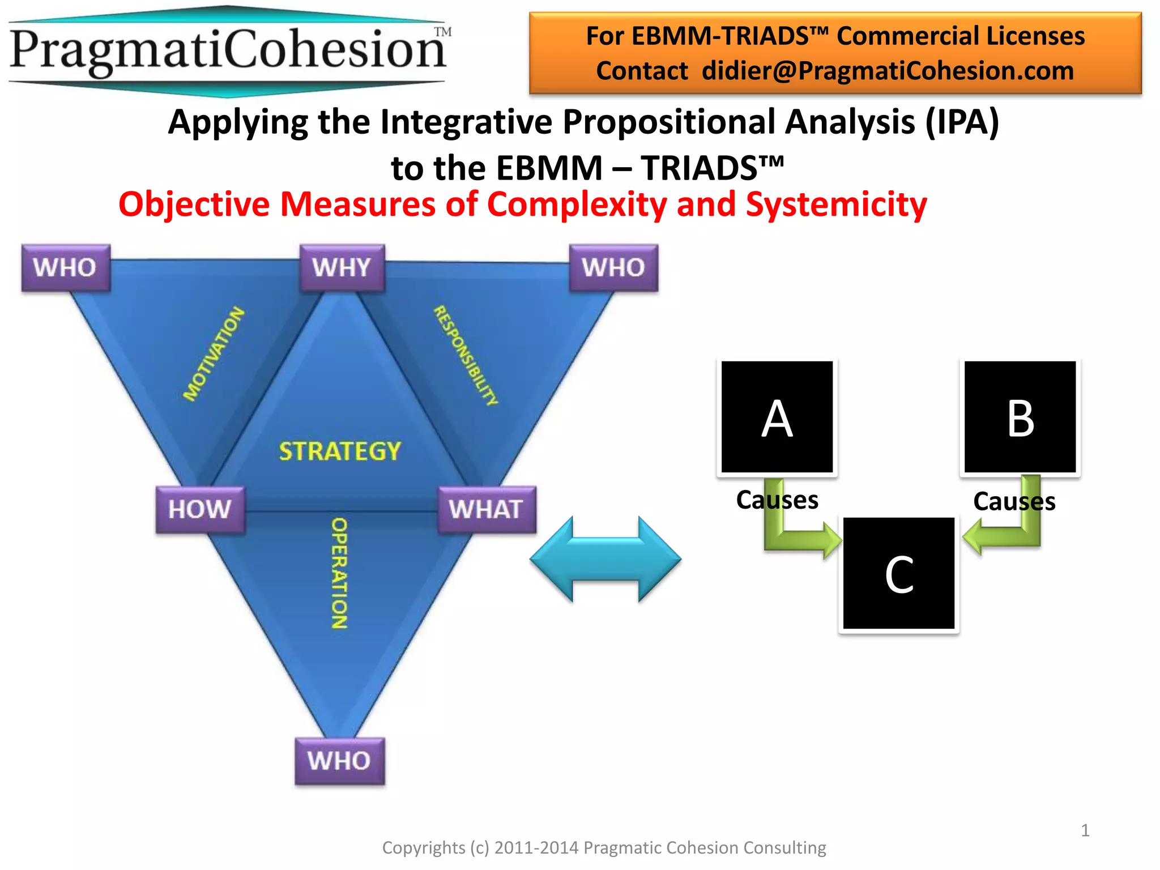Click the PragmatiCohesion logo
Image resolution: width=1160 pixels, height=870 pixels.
point(228,51)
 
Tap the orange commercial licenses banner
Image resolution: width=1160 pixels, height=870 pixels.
point(835,53)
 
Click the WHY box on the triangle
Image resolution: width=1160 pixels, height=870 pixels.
point(342,268)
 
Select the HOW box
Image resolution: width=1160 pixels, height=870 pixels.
point(200,509)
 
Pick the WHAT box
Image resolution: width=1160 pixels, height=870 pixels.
point(486,509)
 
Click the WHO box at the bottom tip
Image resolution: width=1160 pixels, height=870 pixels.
point(339,761)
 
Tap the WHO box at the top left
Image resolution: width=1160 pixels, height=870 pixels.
point(65,268)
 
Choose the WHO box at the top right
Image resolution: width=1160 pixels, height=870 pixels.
point(613,268)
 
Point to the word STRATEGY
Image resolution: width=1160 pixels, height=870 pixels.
point(340,451)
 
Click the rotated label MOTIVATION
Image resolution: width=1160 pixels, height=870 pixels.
point(214,354)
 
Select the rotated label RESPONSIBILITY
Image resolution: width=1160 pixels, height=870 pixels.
point(466,355)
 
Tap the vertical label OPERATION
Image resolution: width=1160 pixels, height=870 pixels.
point(339,573)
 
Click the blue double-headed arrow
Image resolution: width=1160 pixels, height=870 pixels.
point(605,559)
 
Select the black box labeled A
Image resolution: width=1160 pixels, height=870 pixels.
point(777,417)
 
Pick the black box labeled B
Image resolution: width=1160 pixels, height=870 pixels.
point(1020,417)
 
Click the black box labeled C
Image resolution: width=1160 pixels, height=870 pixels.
point(898,573)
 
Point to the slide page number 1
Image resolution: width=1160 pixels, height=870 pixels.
point(1085,830)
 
